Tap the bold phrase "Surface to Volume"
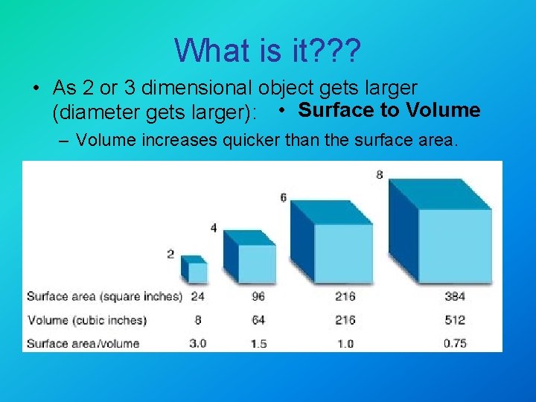(389, 110)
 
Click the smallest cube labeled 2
(195, 269)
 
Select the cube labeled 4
(252, 258)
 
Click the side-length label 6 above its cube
(283, 197)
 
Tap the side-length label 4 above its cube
(214, 228)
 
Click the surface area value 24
(198, 296)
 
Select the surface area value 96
(258, 296)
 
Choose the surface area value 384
(455, 296)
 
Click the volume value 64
(258, 320)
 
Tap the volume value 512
(455, 320)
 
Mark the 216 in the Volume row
(345, 320)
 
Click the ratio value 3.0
(197, 343)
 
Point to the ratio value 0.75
(455, 343)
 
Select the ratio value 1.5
(258, 343)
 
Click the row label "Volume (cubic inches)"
(86, 320)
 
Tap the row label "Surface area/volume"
(83, 343)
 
